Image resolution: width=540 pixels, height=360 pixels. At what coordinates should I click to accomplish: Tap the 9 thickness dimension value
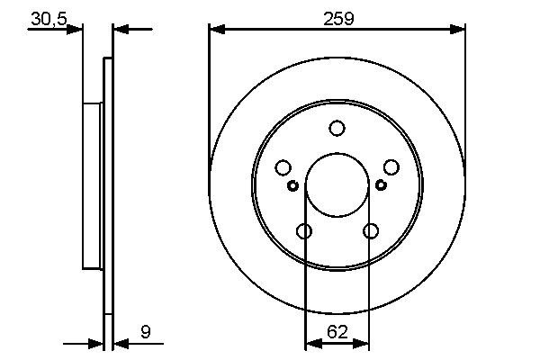[x=146, y=331]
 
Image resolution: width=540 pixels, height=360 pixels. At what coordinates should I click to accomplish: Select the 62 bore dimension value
[x=337, y=331]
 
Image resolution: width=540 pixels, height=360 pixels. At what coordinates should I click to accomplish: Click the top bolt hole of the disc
[x=337, y=129]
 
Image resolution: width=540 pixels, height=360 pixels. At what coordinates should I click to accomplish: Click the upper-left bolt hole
[x=283, y=167]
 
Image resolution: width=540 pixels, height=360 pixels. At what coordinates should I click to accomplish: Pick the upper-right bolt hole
[x=391, y=167]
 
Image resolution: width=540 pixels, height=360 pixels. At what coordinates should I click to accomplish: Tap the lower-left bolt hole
[x=304, y=231]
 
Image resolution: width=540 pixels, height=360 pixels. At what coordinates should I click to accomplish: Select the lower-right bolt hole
[x=370, y=231]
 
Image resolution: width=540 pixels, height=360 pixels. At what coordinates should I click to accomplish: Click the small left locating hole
[x=292, y=185]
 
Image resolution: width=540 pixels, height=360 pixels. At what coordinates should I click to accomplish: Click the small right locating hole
[x=381, y=185]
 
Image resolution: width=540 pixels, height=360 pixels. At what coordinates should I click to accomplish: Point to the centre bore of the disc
[x=337, y=184]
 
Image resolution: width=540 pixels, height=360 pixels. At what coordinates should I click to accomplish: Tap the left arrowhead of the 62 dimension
[x=312, y=343]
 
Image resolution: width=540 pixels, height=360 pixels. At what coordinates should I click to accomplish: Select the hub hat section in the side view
[x=93, y=184]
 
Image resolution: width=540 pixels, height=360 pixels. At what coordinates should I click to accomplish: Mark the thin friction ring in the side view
[x=109, y=184]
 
